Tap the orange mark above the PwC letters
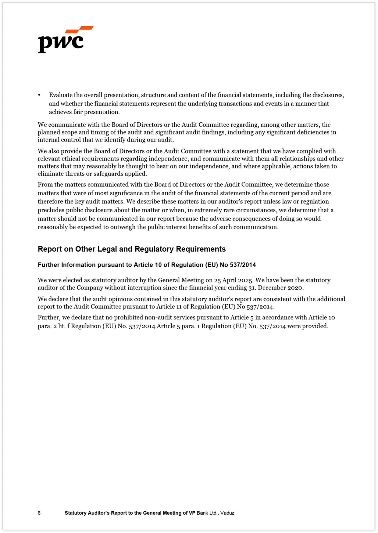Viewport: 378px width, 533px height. (x=80, y=29)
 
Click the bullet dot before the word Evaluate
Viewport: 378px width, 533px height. (x=39, y=95)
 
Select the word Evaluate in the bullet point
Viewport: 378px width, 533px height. (x=61, y=95)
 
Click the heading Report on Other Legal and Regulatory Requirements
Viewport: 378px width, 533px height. (x=132, y=249)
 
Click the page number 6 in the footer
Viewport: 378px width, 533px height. (x=39, y=513)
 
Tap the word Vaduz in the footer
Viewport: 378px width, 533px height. (x=227, y=513)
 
